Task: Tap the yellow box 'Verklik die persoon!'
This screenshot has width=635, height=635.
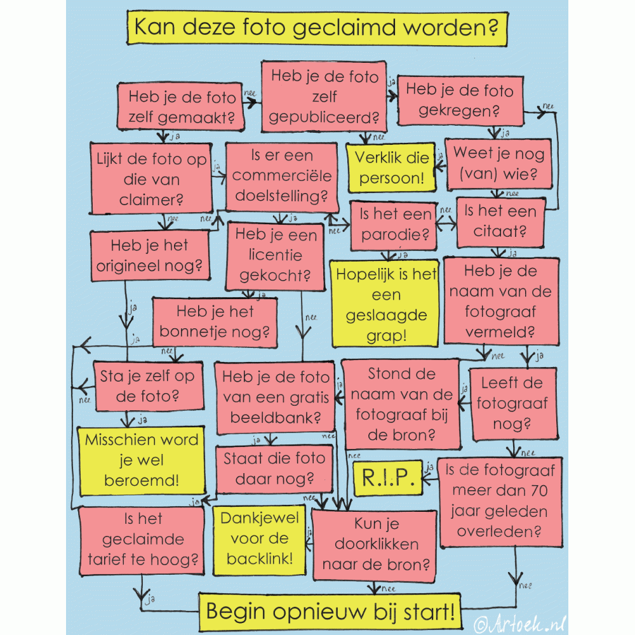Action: coord(391,168)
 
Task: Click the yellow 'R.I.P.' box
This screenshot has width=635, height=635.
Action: coord(387,478)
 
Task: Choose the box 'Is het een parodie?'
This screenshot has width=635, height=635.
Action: coord(394,224)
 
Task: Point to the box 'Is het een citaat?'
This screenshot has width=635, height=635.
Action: coord(500,222)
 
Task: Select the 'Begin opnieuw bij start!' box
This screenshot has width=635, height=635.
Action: coord(330,612)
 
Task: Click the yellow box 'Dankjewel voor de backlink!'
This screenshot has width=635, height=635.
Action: coord(259,538)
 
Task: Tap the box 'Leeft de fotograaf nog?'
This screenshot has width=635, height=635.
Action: coord(512,403)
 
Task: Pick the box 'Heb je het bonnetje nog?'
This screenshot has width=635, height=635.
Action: coord(215,322)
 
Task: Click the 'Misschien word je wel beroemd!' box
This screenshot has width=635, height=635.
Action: coord(142,460)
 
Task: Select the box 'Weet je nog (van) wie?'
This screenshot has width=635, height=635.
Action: coord(498,163)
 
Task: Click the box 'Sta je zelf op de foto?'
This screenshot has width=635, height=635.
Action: coord(147,387)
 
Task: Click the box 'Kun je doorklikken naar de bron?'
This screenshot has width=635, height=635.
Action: coord(375,544)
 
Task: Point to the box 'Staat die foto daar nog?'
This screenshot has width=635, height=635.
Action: coord(274,468)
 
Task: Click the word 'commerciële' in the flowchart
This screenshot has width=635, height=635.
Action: coord(281,175)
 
